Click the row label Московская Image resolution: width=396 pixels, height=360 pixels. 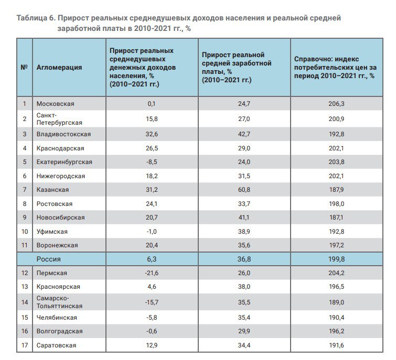point(55,104)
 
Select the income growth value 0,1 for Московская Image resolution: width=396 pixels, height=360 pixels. point(152,104)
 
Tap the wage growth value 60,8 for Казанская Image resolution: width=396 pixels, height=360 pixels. point(244,190)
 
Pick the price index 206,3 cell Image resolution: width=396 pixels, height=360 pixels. point(336,104)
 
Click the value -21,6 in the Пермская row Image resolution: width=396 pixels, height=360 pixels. point(152,272)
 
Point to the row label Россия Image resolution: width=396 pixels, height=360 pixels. point(48,259)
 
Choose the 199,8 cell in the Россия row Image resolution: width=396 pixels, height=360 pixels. point(336,259)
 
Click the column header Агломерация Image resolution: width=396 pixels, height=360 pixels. point(59,68)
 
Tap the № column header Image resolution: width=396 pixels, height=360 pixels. point(24,68)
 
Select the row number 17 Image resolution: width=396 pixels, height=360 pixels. point(25,345)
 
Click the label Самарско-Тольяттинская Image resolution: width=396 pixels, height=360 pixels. point(59,302)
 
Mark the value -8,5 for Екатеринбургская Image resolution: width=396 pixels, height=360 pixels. point(152,162)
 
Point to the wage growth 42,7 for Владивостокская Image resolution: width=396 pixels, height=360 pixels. point(244,134)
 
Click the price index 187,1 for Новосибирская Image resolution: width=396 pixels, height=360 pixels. point(336,217)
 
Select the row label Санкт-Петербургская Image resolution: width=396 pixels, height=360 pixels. point(59,119)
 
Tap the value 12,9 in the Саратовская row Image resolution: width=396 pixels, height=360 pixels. point(152,345)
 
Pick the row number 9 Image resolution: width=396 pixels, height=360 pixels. point(25,217)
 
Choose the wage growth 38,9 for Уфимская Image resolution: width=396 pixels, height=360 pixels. point(244,231)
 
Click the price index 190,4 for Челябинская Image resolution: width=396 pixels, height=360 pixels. point(336,318)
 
